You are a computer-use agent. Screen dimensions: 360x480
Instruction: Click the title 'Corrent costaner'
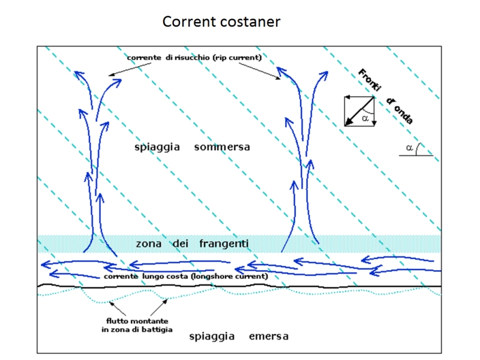(221, 22)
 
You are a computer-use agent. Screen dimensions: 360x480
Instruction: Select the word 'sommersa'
(222, 147)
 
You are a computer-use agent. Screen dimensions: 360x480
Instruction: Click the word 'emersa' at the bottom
(269, 336)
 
